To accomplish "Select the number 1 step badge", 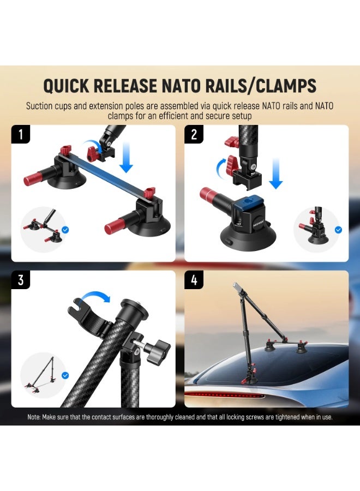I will click(x=21, y=134).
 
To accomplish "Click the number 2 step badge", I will click(x=194, y=134).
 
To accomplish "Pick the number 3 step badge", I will click(x=21, y=280).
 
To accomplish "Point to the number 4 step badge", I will click(x=194, y=280).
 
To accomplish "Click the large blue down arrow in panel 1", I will click(x=126, y=156).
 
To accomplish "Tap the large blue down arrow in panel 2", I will click(x=276, y=173).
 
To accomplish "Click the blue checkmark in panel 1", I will click(x=65, y=230).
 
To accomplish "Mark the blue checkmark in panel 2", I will click(x=338, y=230).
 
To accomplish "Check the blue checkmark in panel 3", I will click(x=65, y=375).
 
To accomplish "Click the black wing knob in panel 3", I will click(x=159, y=349).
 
